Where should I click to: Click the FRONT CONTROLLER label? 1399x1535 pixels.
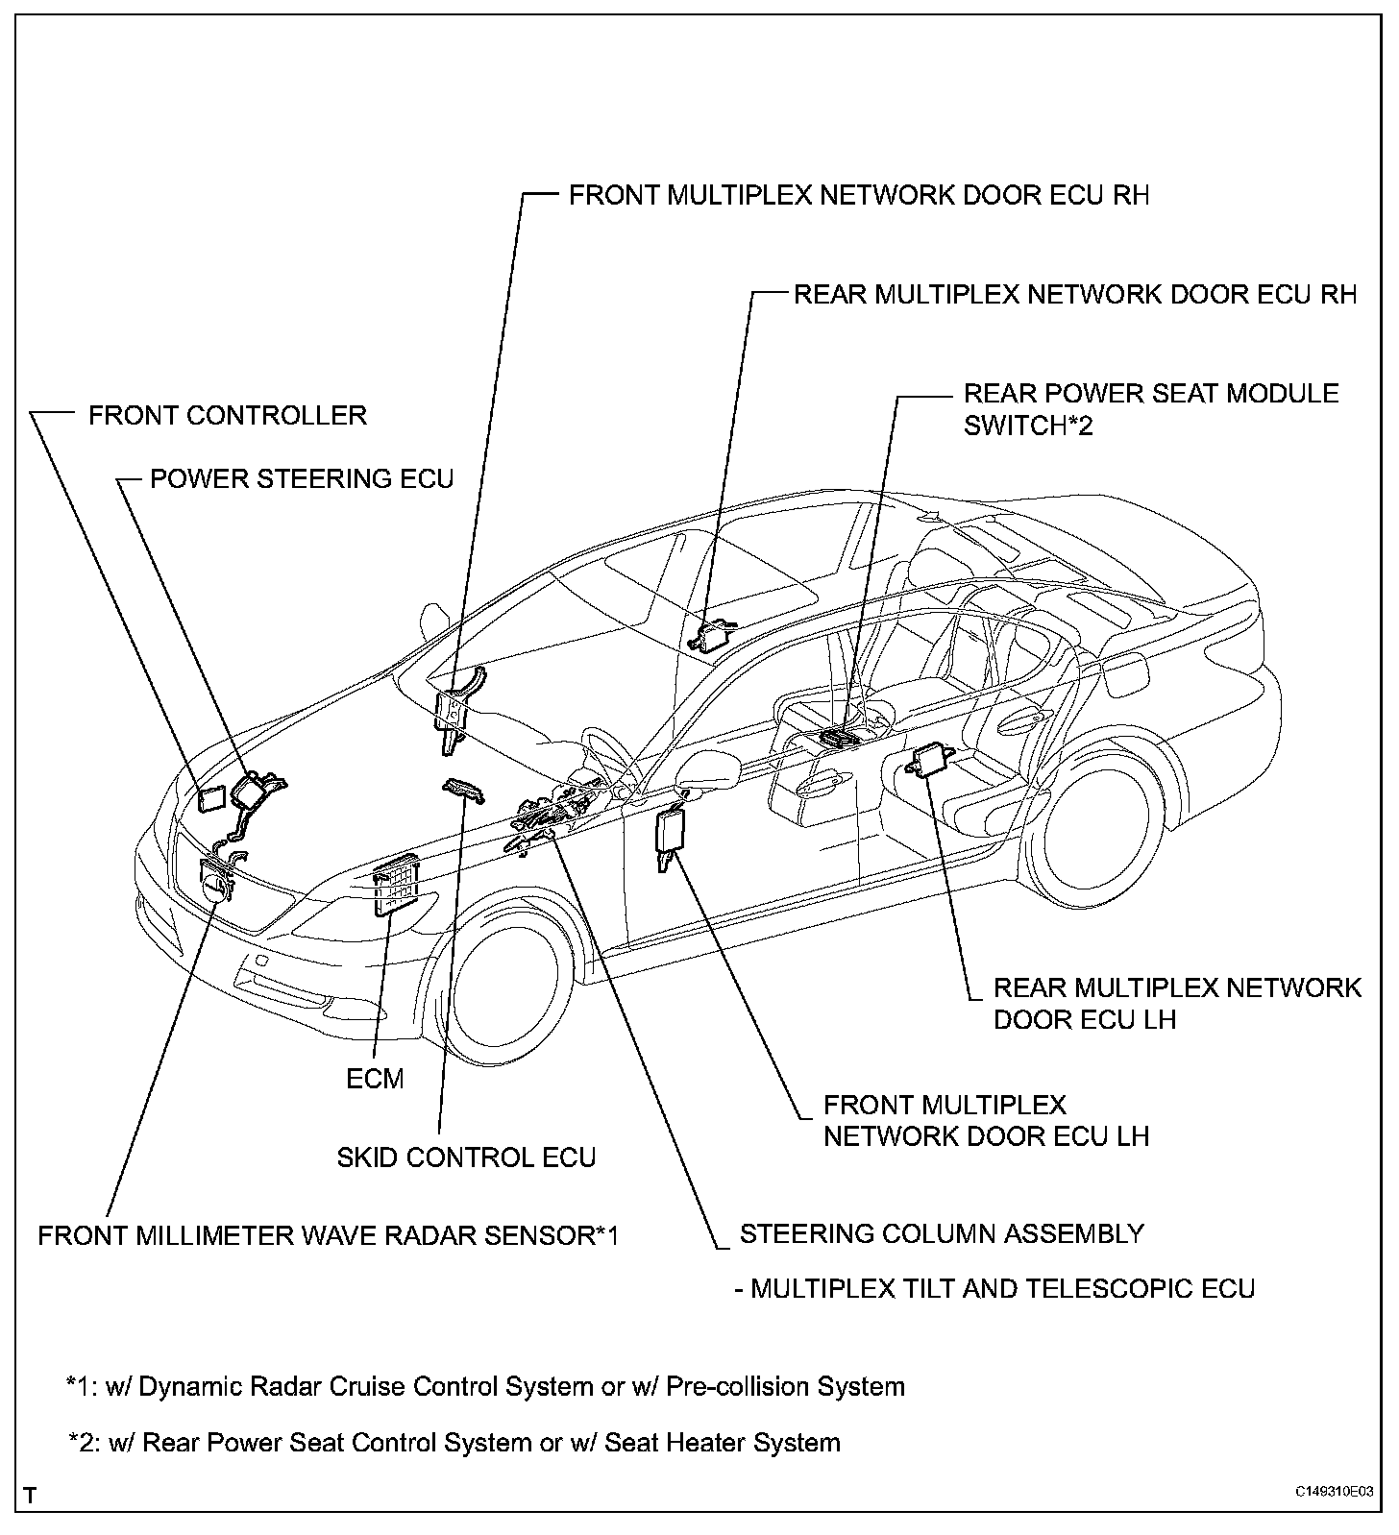pos(228,415)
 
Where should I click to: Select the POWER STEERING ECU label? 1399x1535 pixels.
pos(302,478)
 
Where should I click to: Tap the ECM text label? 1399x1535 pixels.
pos(375,1079)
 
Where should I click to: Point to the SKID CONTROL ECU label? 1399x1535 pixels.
pos(466,1157)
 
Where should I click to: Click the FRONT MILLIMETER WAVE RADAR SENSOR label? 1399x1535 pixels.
pos(328,1234)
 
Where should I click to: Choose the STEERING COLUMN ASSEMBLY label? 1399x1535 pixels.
pos(942,1233)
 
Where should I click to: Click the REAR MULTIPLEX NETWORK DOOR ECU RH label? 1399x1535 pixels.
pos(1075,294)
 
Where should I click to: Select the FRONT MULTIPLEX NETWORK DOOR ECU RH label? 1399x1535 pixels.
pos(859,195)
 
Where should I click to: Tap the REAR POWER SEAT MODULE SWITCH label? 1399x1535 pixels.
pos(1151,408)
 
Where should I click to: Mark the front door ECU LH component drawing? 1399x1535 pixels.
pos(669,830)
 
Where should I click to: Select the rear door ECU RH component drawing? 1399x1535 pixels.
pos(712,634)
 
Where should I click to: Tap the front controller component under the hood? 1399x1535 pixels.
pos(210,796)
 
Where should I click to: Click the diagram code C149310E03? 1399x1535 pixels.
pos(1333,1492)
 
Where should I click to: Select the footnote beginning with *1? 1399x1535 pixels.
pos(485,1386)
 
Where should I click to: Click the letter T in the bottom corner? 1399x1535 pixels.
pos(31,1496)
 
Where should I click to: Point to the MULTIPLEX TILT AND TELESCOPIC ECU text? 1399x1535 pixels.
pos(995,1288)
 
